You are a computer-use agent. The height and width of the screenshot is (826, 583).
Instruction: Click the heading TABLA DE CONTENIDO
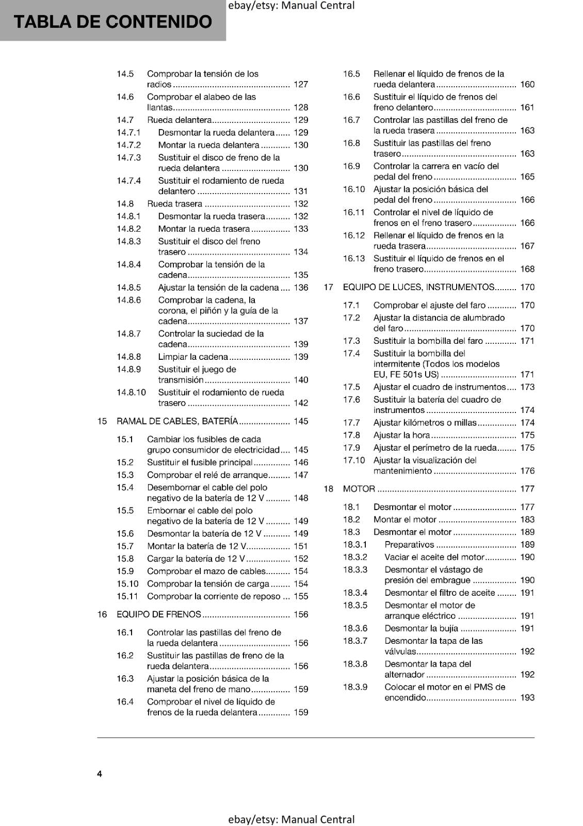coord(112,22)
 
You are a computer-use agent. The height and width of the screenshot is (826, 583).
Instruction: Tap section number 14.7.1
coord(128,133)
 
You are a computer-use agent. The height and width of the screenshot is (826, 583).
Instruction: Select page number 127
coord(301,85)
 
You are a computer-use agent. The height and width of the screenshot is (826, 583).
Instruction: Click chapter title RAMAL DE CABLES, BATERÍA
coord(177,421)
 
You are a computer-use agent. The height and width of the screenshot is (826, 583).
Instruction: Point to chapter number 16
coord(102,614)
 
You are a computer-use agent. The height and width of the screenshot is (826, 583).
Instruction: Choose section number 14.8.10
coord(131,392)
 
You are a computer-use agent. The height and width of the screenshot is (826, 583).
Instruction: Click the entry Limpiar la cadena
coord(193,357)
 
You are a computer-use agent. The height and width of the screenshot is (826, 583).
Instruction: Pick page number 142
coord(301,403)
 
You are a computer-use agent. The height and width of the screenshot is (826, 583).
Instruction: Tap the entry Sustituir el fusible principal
coord(200,463)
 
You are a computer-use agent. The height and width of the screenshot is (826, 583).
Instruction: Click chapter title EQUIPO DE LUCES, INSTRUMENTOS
coord(418,287)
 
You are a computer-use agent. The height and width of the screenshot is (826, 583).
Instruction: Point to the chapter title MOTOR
coord(359,489)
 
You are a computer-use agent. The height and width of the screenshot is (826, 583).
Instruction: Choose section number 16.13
coord(354,259)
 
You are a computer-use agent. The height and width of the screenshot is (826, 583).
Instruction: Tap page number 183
coord(527,520)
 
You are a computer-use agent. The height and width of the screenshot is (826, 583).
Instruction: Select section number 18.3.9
coord(355,687)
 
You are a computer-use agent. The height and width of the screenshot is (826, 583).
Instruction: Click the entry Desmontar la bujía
coord(421,628)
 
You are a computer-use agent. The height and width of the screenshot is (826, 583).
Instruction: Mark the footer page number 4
coord(100,774)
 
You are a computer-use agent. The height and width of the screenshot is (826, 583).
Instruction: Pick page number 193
coord(527,698)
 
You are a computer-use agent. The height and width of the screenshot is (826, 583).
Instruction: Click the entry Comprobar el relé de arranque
coord(207,475)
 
